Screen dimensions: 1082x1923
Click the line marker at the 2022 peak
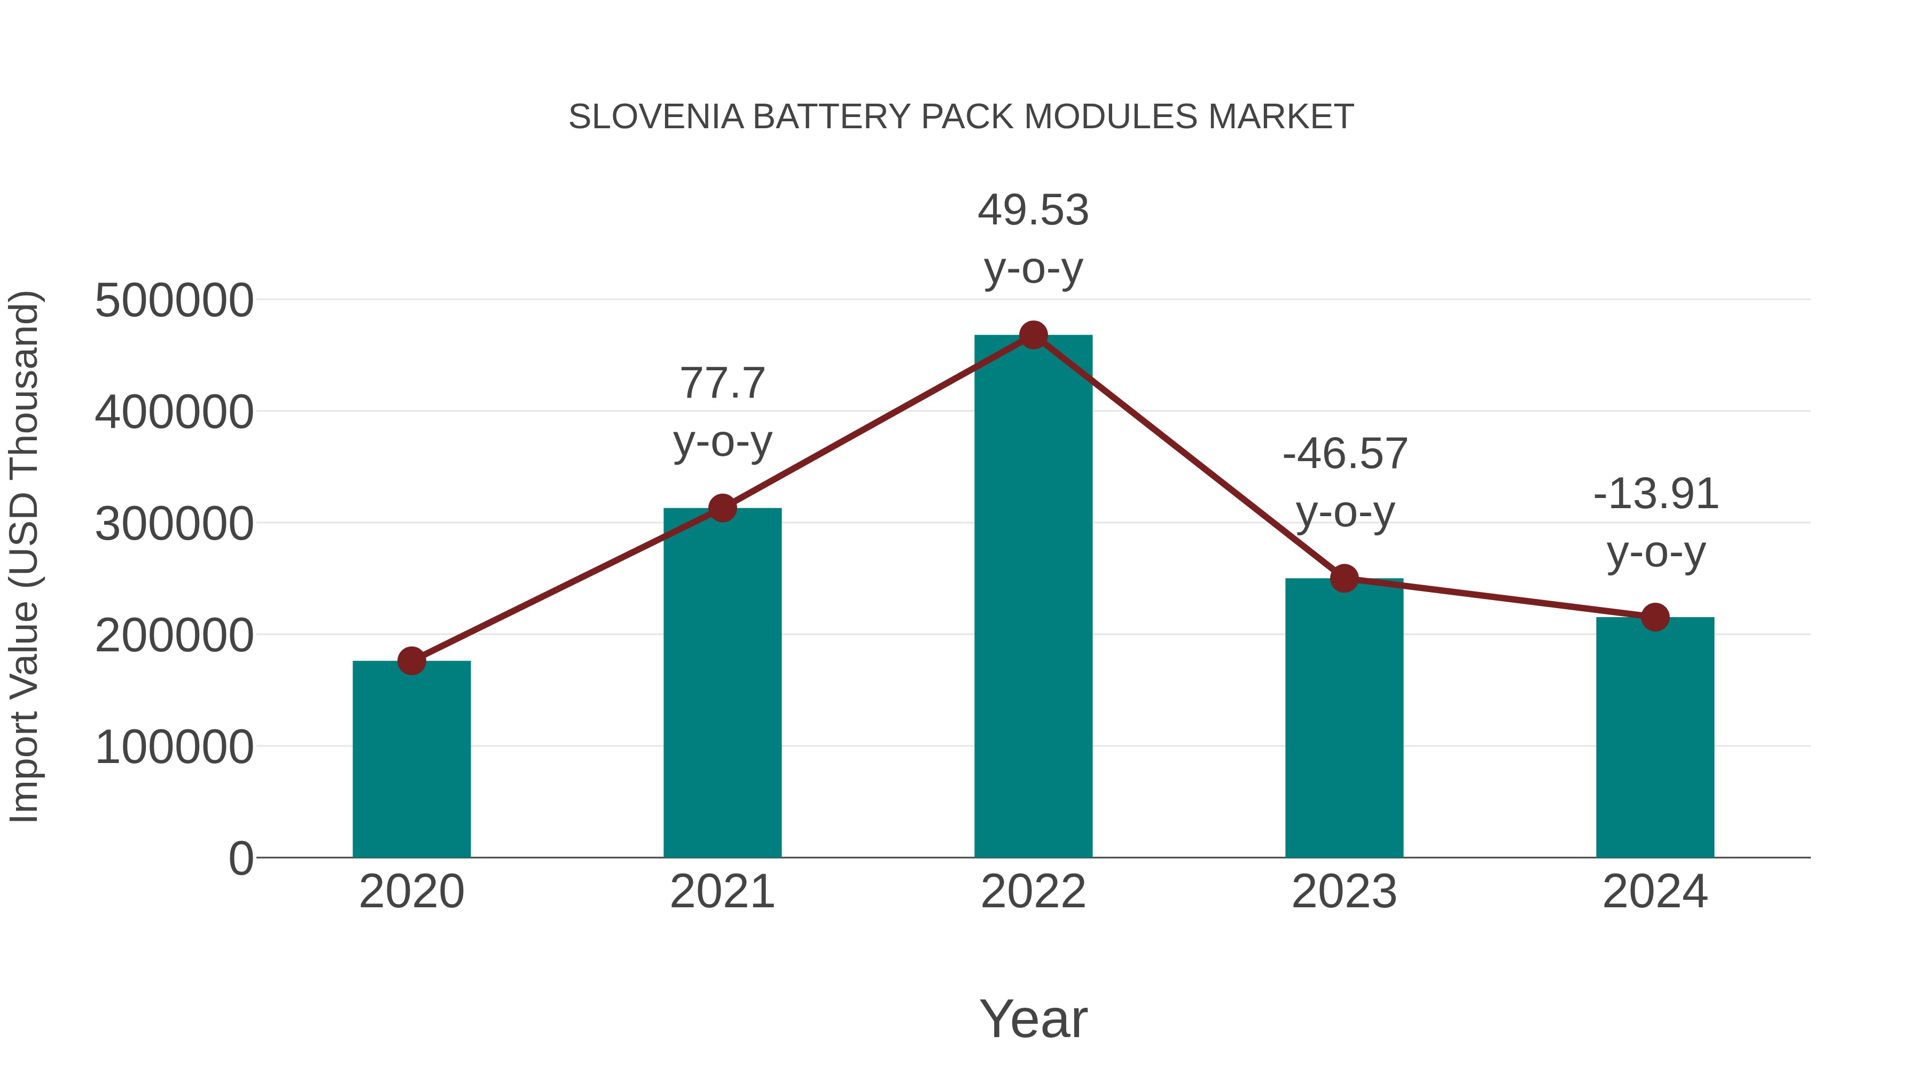point(1033,335)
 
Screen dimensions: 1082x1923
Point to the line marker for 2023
point(1344,578)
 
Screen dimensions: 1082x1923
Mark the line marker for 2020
point(411,661)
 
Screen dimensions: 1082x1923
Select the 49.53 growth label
point(1033,210)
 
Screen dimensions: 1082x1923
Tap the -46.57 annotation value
point(1344,454)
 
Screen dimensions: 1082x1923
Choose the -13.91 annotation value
point(1655,494)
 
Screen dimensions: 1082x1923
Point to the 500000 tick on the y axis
point(174,301)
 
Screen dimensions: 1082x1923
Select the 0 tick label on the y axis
point(241,858)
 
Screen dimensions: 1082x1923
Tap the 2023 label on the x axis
point(1344,892)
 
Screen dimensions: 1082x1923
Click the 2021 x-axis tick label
point(722,892)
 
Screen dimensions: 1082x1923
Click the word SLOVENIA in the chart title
point(656,117)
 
